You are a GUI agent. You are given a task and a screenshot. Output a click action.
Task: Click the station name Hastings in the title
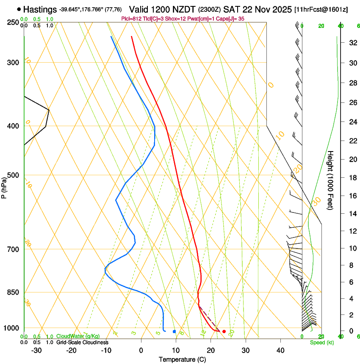tap(40, 9)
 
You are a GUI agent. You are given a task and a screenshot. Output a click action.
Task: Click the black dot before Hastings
tap(19, 9)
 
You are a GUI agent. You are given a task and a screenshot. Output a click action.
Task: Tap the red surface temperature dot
tap(224, 331)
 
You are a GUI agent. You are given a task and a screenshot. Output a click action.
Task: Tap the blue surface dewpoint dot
tap(174, 331)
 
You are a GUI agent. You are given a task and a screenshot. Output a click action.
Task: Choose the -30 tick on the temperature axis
tap(36, 350)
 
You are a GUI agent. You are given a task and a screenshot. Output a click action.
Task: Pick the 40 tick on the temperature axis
tap(280, 350)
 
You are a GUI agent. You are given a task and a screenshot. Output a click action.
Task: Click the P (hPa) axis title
tap(4, 187)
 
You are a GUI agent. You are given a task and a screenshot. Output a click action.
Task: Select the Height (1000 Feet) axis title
tap(331, 180)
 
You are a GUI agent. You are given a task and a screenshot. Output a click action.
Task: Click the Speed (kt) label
tap(321, 342)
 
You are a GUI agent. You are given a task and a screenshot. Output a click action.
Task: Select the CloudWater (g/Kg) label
tap(78, 336)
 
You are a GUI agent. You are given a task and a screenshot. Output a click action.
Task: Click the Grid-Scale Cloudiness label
tap(82, 342)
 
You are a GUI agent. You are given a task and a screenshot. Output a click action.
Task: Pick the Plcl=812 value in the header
tap(130, 19)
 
